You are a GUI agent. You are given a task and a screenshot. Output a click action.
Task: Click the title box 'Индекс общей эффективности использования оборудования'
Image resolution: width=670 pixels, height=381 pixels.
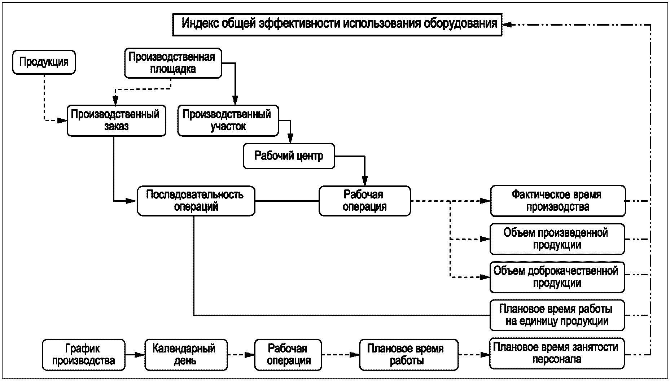click(x=337, y=24)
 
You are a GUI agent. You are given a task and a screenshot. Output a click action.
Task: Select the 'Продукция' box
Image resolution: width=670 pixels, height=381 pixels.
click(x=44, y=62)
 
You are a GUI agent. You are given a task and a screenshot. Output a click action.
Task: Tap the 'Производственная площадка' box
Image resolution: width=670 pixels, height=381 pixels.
click(x=173, y=63)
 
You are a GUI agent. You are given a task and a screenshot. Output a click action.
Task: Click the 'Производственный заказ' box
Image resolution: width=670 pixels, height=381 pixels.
click(x=116, y=120)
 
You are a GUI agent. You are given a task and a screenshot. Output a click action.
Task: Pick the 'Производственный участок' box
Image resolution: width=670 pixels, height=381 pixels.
click(x=228, y=120)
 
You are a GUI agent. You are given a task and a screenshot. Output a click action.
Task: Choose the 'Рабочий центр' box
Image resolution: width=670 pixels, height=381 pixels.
click(x=289, y=156)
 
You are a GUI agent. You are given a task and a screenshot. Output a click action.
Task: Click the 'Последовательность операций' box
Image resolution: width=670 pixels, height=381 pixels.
click(x=196, y=201)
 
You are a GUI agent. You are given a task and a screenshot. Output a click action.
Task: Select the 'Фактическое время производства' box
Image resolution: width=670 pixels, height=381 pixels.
click(x=557, y=201)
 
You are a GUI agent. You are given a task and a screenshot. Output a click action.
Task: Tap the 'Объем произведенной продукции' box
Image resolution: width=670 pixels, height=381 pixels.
click(x=557, y=239)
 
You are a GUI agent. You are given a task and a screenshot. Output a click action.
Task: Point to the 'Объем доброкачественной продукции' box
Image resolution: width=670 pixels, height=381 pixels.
click(x=557, y=277)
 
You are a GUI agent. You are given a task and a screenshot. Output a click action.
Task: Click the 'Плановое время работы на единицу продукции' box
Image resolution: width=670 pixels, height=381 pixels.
click(x=557, y=315)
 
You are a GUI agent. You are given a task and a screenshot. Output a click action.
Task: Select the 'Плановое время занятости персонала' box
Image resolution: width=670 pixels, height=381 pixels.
click(x=557, y=353)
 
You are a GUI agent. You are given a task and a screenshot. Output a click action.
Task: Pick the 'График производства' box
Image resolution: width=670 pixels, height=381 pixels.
click(x=84, y=355)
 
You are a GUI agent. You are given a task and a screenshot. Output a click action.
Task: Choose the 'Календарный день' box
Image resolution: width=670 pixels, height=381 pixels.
click(x=186, y=355)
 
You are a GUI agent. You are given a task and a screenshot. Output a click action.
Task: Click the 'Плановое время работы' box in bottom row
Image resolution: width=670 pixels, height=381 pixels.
click(x=409, y=355)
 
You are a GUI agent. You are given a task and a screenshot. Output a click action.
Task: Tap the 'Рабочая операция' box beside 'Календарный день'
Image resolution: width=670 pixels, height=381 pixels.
click(x=288, y=355)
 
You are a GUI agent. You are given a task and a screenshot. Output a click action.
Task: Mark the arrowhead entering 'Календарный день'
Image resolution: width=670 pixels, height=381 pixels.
click(x=141, y=355)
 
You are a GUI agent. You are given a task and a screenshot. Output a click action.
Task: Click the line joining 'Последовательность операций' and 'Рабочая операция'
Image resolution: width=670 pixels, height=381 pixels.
click(x=287, y=201)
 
